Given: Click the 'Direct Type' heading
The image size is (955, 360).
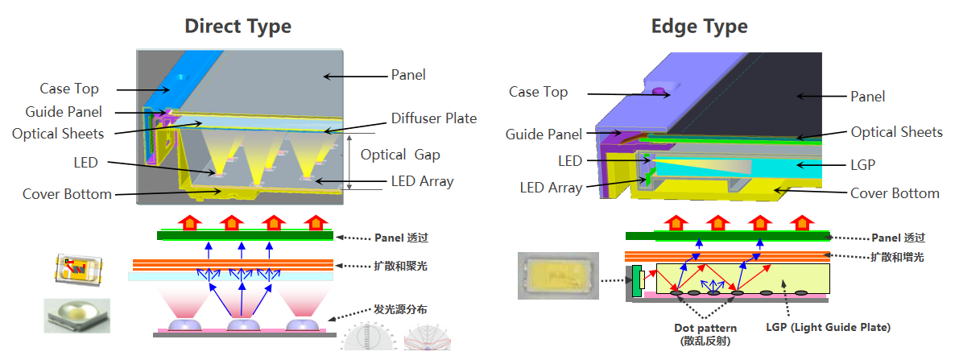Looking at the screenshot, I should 238,26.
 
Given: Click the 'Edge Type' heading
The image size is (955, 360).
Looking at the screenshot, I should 699,26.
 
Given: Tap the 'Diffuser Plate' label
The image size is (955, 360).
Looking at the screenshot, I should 434,118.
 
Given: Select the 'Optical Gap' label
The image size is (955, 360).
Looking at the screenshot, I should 400,155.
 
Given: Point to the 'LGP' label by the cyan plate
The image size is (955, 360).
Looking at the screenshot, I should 862,164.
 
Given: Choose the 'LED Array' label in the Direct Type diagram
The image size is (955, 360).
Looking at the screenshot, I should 422,181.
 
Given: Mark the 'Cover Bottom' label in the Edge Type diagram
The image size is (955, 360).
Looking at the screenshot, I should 895,193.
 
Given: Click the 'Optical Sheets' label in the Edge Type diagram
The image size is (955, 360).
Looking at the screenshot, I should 896,132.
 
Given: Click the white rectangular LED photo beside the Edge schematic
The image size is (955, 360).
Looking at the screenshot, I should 557,275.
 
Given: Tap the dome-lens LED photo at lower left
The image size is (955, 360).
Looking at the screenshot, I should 76,315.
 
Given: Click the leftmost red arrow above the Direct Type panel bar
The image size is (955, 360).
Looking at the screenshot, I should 191,221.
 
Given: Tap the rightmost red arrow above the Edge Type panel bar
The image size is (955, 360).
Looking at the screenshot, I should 801,221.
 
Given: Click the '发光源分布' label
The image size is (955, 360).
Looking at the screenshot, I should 400,309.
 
